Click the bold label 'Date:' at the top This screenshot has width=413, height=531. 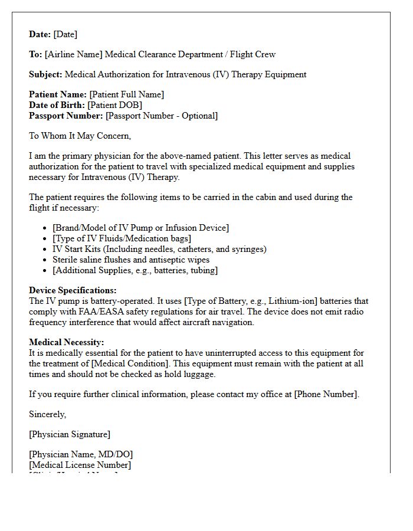(40, 34)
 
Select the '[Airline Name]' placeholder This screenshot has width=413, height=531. (74, 54)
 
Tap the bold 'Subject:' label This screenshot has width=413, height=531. (45, 74)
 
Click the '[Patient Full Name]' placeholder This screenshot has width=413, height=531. (126, 94)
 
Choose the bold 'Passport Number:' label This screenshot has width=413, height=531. (66, 116)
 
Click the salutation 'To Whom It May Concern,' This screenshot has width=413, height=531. (80, 136)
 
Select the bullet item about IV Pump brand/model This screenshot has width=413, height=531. (140, 228)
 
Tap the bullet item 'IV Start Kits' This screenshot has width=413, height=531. (159, 249)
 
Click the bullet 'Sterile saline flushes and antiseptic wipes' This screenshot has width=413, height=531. (131, 260)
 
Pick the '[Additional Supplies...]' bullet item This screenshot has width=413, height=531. (135, 270)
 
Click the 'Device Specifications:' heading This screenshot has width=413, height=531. (73, 290)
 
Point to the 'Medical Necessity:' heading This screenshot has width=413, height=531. (66, 342)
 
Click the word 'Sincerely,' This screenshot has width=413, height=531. (47, 414)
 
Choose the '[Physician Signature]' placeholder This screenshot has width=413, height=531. (69, 434)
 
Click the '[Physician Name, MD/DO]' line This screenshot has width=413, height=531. (81, 454)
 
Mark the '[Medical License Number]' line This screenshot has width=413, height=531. (80, 465)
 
